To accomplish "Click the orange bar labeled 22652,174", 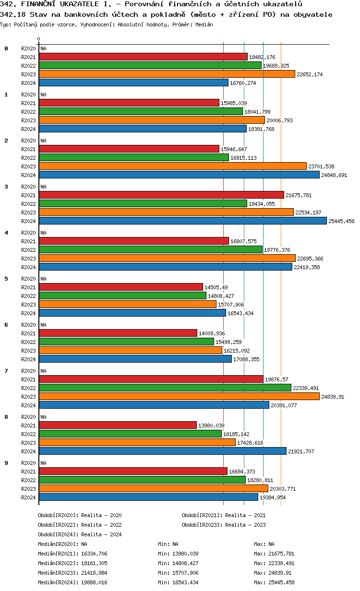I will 167,74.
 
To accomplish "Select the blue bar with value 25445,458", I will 182,221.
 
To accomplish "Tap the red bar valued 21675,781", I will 161,195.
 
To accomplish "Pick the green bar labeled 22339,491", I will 165,388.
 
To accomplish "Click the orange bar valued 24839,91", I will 179,397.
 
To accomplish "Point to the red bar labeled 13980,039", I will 118,426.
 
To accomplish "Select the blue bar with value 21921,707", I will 162,451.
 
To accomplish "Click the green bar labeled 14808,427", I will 122,296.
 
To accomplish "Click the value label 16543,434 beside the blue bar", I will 240,313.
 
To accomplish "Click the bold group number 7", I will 6,371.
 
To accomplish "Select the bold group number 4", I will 6,233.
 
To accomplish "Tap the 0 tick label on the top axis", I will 39,39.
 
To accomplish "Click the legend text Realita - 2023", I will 245,525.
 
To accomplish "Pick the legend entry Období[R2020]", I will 58,515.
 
